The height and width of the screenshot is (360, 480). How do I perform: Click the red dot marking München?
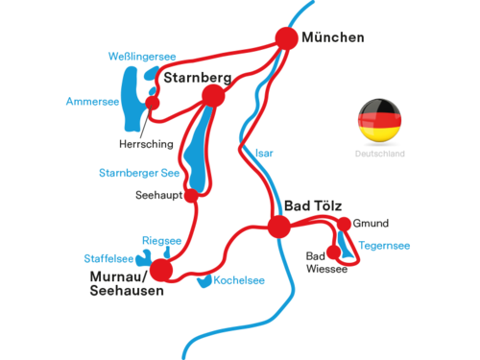(286, 38)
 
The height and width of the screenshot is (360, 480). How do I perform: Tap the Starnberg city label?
(198, 78)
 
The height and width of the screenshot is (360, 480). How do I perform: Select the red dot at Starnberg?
(213, 96)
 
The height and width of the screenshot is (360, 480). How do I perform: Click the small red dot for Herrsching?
(153, 103)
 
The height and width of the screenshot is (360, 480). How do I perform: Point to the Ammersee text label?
(92, 102)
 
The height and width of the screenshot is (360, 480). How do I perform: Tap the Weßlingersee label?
(142, 57)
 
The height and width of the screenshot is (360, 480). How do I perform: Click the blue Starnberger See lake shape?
(197, 151)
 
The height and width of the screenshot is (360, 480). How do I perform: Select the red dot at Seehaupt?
(191, 196)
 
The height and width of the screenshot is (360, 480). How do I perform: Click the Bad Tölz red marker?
(279, 227)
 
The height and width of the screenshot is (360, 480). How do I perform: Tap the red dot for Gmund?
(345, 224)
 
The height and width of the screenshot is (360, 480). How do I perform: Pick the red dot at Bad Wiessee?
(334, 252)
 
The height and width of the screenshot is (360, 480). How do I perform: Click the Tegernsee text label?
(384, 246)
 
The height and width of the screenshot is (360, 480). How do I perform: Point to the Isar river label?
(264, 154)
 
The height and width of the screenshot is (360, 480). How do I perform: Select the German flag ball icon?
(379, 120)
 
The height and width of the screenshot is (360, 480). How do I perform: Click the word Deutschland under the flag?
(380, 154)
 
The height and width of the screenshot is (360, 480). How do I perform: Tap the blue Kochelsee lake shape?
(204, 282)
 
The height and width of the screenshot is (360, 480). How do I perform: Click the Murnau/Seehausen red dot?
(161, 271)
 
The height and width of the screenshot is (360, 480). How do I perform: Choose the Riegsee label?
(161, 241)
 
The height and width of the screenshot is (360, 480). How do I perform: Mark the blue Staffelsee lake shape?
(143, 259)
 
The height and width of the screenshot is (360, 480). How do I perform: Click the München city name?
(333, 37)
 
